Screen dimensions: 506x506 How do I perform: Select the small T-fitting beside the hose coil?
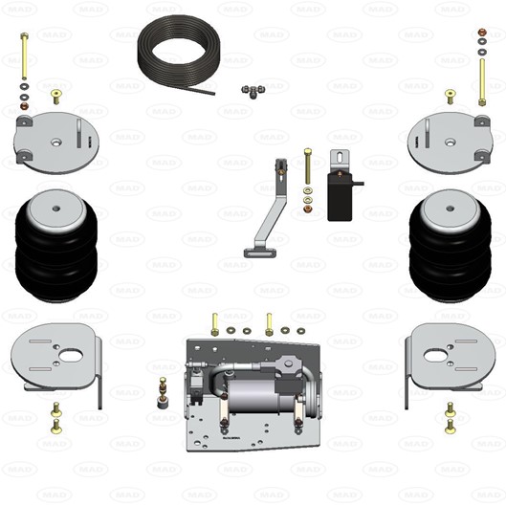tap(253, 91)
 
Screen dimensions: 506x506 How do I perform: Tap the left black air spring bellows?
tap(56, 246)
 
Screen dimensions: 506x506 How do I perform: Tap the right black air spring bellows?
tap(451, 246)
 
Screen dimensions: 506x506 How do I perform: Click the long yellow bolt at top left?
tap(24, 55)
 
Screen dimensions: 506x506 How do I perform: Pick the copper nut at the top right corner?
tap(482, 33)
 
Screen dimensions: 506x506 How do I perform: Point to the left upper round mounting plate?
tap(56, 143)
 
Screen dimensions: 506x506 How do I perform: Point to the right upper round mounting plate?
tap(451, 143)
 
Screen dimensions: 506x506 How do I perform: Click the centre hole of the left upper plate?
tap(56, 142)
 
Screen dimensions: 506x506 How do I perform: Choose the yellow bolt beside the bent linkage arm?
tap(308, 165)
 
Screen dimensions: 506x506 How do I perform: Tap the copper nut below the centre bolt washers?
tap(308, 209)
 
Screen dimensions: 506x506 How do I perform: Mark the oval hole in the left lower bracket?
tap(71, 356)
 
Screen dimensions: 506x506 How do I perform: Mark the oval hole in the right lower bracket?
tap(435, 356)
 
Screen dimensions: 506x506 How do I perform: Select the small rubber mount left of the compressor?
tap(163, 393)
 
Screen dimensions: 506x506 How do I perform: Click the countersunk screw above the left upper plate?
tap(56, 97)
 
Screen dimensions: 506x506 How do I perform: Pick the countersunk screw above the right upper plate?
tap(451, 97)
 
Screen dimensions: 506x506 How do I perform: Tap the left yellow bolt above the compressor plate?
tap(214, 324)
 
